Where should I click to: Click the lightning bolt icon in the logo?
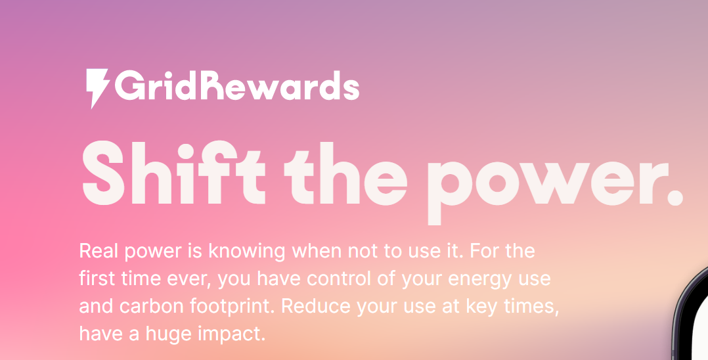[x=98, y=87]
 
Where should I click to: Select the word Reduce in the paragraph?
[x=317, y=307]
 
